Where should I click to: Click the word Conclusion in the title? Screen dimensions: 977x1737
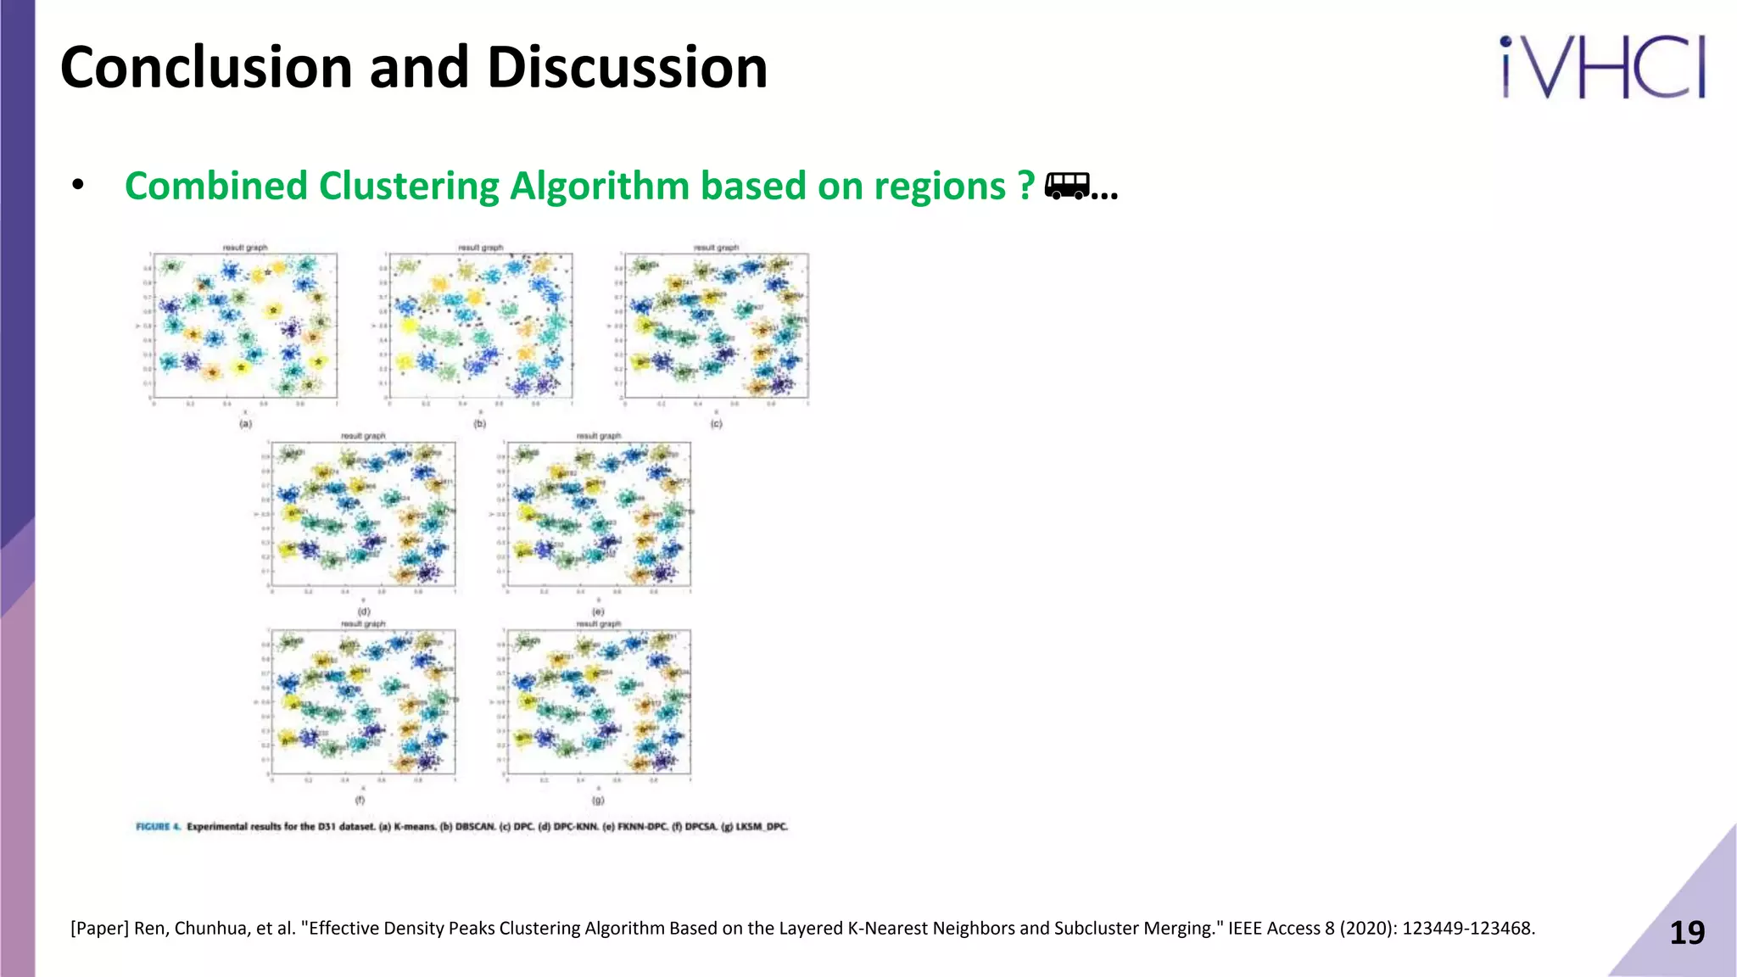click(206, 68)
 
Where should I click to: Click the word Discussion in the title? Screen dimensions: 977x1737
click(627, 68)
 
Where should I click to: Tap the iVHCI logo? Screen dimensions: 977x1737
click(1602, 68)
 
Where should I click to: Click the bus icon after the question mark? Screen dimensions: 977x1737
click(1067, 185)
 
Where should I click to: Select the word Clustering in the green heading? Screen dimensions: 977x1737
click(409, 187)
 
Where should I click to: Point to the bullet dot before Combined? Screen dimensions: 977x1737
click(78, 185)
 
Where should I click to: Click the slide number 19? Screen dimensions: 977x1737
click(1686, 933)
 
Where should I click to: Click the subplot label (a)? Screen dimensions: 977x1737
click(245, 423)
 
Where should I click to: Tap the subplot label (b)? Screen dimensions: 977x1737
click(480, 423)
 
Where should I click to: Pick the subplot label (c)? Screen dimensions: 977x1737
click(716, 423)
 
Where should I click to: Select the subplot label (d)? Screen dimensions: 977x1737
click(363, 611)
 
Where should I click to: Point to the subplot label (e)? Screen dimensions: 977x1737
click(598, 611)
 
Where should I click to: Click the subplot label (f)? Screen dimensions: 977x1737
click(360, 800)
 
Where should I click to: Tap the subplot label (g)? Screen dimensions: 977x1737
click(598, 800)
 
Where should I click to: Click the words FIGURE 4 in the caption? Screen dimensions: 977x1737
click(158, 826)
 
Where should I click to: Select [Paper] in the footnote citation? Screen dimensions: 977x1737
click(99, 929)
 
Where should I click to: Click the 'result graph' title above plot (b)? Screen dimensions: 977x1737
click(480, 248)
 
